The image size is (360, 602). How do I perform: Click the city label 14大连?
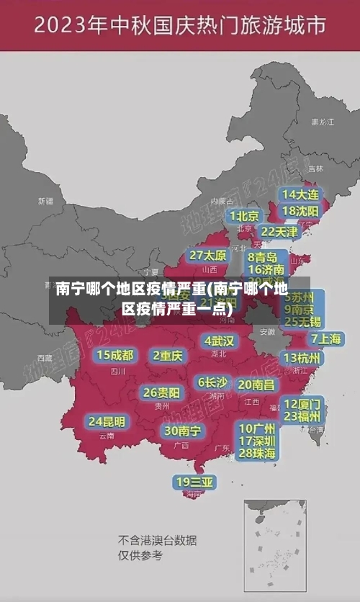[301, 194]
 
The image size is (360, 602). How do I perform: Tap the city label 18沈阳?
[301, 211]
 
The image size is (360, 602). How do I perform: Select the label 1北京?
[244, 215]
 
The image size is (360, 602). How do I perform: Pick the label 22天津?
[279, 232]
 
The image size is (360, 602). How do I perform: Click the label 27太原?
[208, 255]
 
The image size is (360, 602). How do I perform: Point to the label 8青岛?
[264, 256]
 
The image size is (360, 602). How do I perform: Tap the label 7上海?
[325, 338]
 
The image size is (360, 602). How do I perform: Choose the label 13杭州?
[302, 358]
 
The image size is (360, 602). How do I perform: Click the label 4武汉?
[219, 341]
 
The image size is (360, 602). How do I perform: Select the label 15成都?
[115, 355]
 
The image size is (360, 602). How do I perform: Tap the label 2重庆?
[168, 355]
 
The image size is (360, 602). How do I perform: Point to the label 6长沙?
[212, 382]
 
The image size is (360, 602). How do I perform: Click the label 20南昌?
[256, 385]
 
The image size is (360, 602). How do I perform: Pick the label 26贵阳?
[161, 392]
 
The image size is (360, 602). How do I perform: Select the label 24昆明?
[107, 421]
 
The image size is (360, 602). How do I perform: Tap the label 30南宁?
[182, 431]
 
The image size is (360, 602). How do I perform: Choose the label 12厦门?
[302, 403]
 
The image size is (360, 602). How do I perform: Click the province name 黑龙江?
[322, 122]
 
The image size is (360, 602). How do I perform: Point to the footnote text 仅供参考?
[140, 555]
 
